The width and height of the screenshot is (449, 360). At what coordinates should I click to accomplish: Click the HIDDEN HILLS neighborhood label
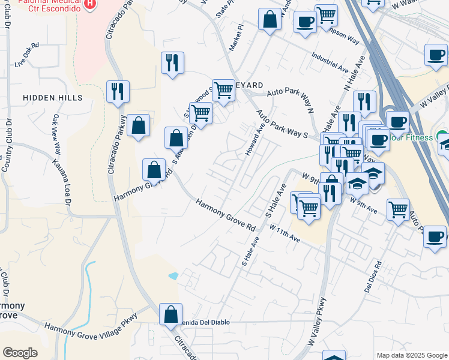[48, 98]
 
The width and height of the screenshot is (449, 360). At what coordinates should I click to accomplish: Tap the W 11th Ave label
[285, 233]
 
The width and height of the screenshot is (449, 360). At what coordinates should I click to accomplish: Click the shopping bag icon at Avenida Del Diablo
[171, 313]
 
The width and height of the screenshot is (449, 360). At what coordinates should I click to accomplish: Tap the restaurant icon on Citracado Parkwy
[117, 92]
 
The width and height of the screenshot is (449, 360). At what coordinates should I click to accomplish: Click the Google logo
[20, 353]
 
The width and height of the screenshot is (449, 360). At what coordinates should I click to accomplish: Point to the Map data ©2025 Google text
[411, 355]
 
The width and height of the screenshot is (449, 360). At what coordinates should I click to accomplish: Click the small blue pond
[173, 277]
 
